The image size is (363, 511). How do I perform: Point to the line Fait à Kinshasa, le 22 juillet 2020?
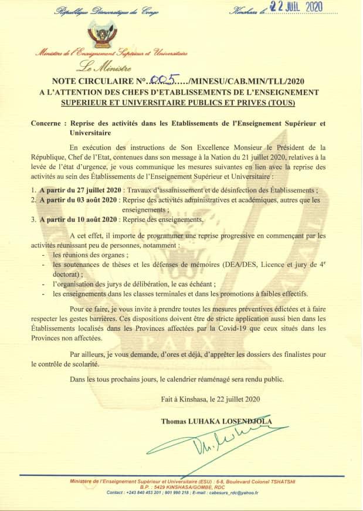210,399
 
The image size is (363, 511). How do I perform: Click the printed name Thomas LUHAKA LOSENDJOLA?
216,421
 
